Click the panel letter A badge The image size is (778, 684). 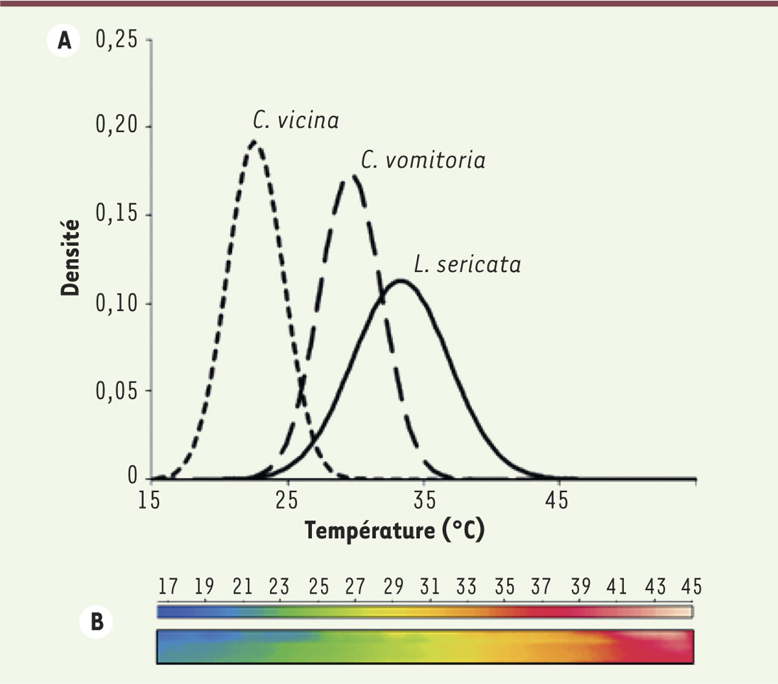point(64,42)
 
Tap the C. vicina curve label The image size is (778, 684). point(296,121)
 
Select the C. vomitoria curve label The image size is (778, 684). point(423,160)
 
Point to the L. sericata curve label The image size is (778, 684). point(467,265)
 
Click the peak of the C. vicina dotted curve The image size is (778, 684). point(255,141)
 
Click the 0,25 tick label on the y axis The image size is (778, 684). point(117,41)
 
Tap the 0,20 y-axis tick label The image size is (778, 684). point(117,126)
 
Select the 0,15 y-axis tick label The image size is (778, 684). point(117,215)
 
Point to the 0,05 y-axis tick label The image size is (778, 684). point(117,391)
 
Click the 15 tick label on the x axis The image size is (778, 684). point(150,501)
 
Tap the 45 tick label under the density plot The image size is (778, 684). point(556,501)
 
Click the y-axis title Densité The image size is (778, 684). point(70,258)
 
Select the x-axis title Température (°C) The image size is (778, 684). point(394,531)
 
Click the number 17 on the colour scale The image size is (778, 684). point(168,587)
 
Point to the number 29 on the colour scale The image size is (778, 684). point(393,587)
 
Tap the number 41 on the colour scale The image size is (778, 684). point(617,587)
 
